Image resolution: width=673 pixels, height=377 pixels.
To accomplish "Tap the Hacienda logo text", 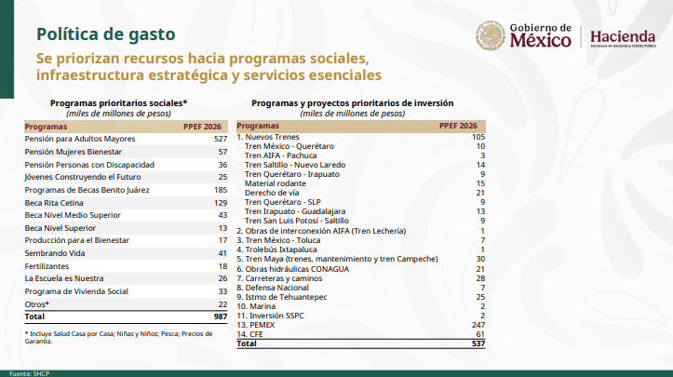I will (623, 34).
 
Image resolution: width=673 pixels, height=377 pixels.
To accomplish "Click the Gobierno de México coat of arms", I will (489, 36).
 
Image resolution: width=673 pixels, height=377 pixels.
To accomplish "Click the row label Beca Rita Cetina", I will (55, 202).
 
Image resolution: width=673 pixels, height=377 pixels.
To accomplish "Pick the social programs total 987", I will (221, 317).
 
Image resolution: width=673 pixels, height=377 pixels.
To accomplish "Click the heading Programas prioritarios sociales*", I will (119, 102).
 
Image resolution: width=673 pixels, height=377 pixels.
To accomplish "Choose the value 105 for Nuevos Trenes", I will (478, 137).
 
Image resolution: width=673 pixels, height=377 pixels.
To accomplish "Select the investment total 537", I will (478, 344).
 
